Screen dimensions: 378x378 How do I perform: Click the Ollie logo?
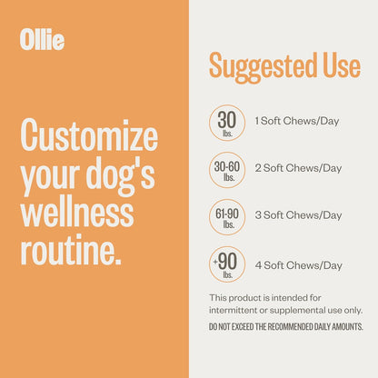pyautogui.click(x=42, y=40)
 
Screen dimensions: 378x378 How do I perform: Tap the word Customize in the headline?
pyautogui.click(x=89, y=137)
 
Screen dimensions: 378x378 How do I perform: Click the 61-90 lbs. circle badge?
pyautogui.click(x=227, y=216)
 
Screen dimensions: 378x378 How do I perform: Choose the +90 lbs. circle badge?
pyautogui.click(x=227, y=264)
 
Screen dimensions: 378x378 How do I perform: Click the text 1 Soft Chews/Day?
pyautogui.click(x=298, y=121)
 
